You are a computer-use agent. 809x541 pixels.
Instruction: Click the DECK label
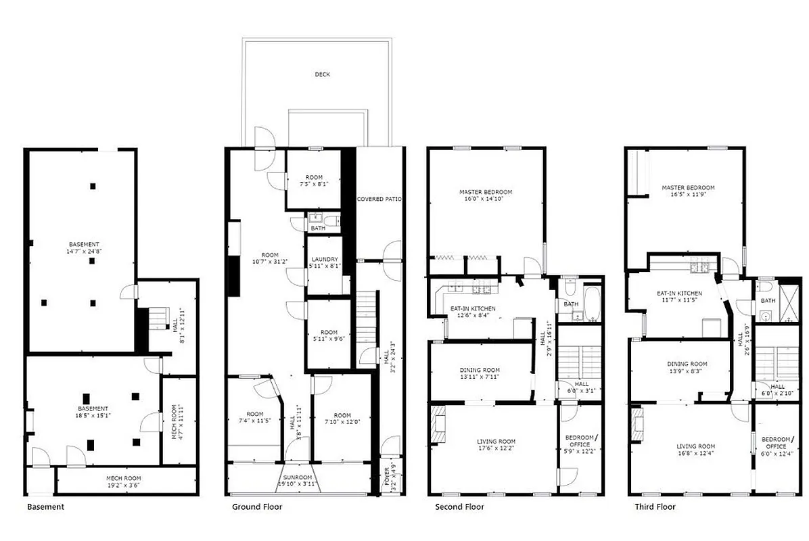click(x=323, y=74)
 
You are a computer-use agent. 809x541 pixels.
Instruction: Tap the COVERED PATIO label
click(x=379, y=199)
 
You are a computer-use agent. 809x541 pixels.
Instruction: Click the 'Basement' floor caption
click(x=45, y=507)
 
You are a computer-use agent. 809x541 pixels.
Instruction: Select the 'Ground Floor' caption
click(x=257, y=507)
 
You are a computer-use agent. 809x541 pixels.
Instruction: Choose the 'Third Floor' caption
click(x=655, y=507)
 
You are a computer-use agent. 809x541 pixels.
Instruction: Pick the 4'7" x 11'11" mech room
click(x=174, y=421)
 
